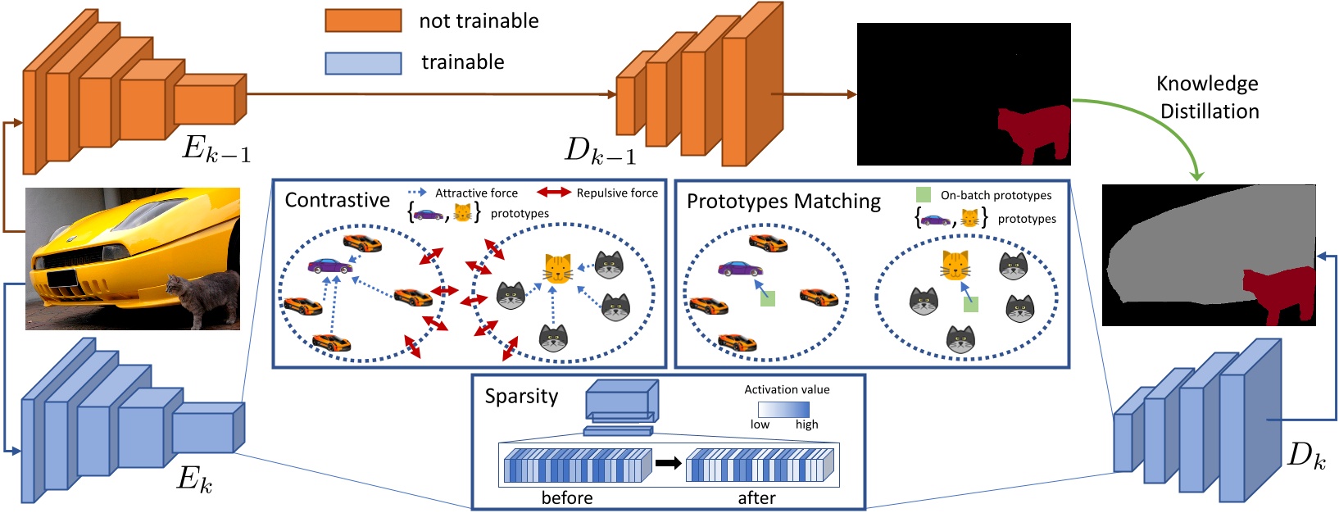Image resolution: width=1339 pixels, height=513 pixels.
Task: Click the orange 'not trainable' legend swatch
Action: (363, 20)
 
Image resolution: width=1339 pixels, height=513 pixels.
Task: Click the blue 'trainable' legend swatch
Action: (363, 63)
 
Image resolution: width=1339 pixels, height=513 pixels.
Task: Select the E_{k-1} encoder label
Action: (216, 148)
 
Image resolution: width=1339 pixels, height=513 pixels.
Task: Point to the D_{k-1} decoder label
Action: (600, 150)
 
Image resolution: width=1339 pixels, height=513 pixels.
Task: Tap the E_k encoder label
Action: (194, 479)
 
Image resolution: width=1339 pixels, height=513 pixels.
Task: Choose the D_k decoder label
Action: (1306, 456)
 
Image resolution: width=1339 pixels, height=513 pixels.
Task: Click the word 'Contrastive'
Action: (337, 200)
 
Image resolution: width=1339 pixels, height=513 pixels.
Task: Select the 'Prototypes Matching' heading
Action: (783, 202)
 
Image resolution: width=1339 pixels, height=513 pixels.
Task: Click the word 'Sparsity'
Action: (521, 397)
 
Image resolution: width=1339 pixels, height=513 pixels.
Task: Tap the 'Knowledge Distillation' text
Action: (1208, 98)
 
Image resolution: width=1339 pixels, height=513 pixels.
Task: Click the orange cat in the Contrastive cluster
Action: (558, 269)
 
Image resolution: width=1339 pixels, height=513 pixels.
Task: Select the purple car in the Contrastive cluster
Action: (329, 266)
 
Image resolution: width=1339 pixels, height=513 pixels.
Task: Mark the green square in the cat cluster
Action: (971, 305)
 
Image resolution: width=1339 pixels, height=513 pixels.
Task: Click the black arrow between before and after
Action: (669, 463)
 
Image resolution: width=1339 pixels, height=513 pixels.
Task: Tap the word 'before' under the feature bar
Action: (567, 497)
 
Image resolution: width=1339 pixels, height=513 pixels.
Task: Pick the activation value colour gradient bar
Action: (783, 410)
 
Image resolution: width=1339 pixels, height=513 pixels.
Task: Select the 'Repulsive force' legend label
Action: (617, 193)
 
